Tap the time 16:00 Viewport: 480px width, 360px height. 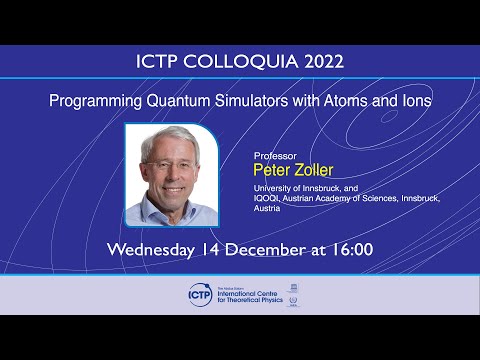coord(350,247)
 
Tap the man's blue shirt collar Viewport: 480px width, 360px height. coord(160,204)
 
